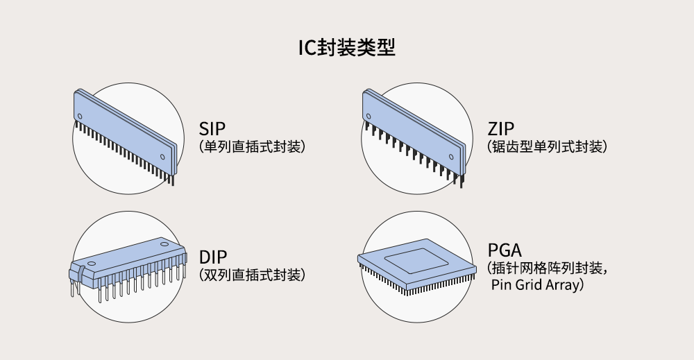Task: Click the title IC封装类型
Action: [x=346, y=47]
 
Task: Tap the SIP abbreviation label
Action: [x=212, y=129]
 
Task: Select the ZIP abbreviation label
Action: [x=501, y=129]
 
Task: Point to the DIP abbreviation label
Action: [x=213, y=257]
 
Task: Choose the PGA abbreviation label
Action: [x=505, y=250]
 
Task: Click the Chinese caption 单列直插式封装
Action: [x=253, y=146]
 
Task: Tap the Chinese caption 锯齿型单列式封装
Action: [x=547, y=146]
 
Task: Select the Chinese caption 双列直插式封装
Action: [x=253, y=275]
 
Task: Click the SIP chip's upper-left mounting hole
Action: [x=80, y=117]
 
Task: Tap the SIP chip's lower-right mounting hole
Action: [x=162, y=157]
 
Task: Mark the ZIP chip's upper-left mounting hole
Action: [x=369, y=117]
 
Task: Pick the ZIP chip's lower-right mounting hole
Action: [x=451, y=157]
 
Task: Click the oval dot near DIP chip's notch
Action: [x=91, y=264]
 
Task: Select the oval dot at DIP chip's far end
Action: [x=164, y=243]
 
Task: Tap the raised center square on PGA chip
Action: [x=411, y=261]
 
